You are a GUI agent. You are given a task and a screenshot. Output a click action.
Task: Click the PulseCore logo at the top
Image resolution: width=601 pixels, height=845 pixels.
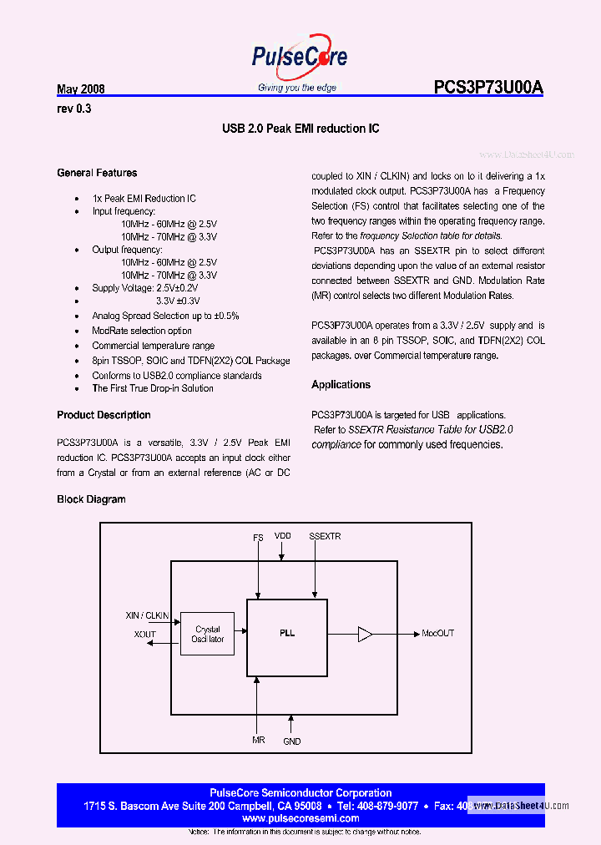point(300,58)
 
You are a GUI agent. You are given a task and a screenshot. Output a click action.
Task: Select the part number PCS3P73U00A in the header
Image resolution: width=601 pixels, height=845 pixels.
point(488,88)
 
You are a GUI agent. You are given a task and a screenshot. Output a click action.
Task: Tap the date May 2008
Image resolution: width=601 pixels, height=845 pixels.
point(80,89)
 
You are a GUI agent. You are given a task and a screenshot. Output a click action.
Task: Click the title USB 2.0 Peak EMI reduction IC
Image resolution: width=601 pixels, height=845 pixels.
point(300,129)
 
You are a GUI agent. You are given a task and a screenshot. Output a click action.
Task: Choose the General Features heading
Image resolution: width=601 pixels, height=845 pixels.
point(97,173)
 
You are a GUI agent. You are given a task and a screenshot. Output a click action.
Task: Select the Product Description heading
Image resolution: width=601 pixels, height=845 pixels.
point(104,415)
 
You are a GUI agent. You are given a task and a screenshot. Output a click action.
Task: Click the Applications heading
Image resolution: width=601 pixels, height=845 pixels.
point(341,385)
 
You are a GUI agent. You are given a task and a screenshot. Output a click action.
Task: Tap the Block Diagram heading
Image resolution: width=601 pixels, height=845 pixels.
point(91,499)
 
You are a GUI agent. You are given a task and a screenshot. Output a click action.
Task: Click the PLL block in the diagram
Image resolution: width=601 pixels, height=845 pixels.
point(286,633)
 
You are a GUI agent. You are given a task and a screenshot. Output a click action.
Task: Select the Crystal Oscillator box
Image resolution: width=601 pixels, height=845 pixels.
point(208,635)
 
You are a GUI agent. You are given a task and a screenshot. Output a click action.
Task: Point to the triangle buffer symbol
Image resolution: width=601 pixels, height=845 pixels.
point(365,634)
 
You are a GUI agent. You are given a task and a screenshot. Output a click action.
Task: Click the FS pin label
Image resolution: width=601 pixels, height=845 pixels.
point(258,538)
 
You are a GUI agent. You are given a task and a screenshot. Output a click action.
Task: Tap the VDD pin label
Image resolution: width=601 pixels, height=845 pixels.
point(283,537)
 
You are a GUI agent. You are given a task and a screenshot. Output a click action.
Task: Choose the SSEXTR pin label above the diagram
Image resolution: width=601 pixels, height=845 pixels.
point(325,536)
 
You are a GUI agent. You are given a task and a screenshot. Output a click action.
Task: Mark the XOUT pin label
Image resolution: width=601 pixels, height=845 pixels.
point(145,635)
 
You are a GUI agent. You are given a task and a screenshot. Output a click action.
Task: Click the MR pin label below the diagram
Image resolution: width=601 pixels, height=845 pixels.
point(259,740)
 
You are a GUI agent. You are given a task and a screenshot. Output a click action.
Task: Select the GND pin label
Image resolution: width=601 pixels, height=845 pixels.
point(291,741)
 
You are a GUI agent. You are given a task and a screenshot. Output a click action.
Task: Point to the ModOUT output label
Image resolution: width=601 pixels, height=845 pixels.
point(437,634)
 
